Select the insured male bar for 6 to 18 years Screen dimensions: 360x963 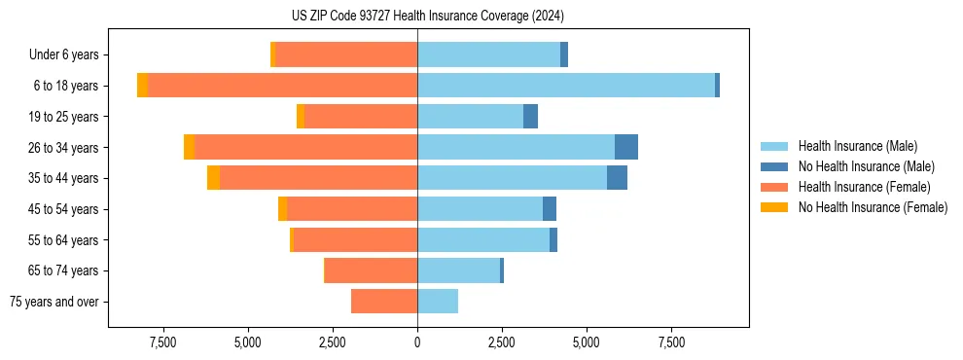point(566,86)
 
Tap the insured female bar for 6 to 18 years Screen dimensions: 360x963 point(282,86)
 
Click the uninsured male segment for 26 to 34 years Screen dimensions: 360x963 point(626,147)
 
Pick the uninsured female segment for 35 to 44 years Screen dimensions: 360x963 point(213,178)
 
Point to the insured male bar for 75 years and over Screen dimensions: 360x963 point(438,302)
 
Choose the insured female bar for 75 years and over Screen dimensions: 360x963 point(384,302)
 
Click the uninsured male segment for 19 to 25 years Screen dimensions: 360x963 point(530,117)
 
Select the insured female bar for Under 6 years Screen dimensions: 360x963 point(346,54)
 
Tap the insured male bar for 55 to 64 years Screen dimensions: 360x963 point(483,240)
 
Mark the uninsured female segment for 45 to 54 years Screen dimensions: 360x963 point(282,209)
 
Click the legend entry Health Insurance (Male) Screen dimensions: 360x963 point(857,146)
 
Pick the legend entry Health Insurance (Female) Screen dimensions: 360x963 point(864,187)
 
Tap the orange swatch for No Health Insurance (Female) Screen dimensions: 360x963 point(774,207)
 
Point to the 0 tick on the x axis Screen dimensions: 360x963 point(417,342)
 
